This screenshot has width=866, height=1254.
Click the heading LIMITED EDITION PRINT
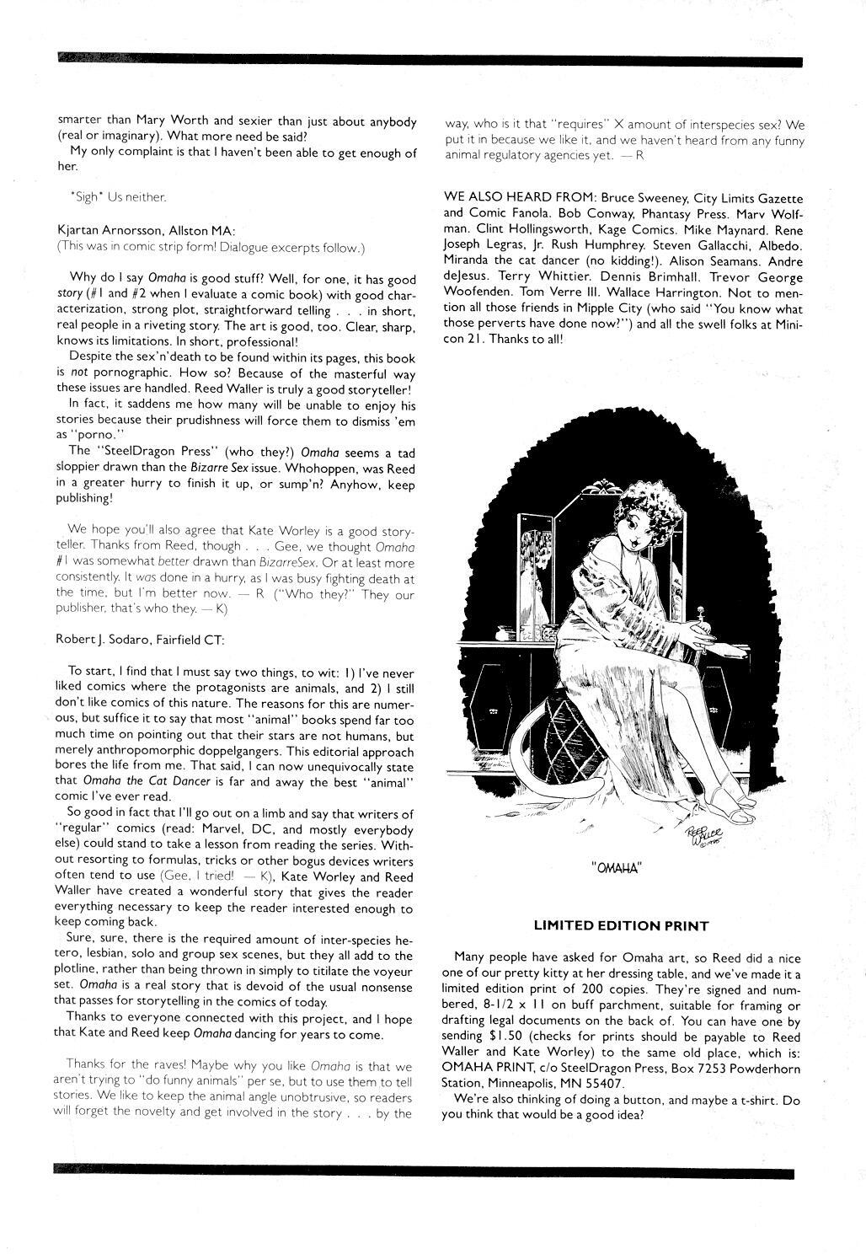point(621,925)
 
